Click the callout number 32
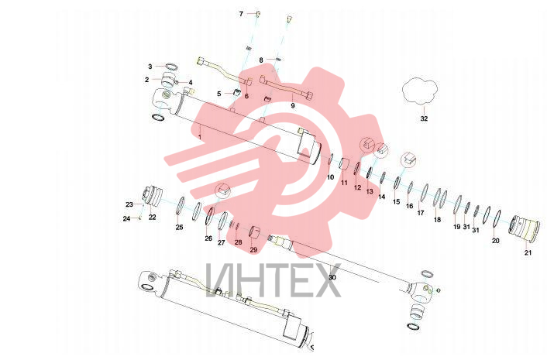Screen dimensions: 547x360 (424, 118)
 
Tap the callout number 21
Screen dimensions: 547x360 (528, 252)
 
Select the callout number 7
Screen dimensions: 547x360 (241, 14)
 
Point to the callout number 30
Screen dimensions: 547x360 (332, 277)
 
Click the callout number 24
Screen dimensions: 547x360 (126, 218)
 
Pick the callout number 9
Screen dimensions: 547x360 (293, 105)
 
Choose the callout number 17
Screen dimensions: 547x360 (421, 213)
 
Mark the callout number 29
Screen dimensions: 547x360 (253, 249)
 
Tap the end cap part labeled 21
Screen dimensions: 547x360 (525, 228)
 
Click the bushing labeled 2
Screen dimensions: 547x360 (168, 81)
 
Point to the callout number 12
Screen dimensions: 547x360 (358, 187)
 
